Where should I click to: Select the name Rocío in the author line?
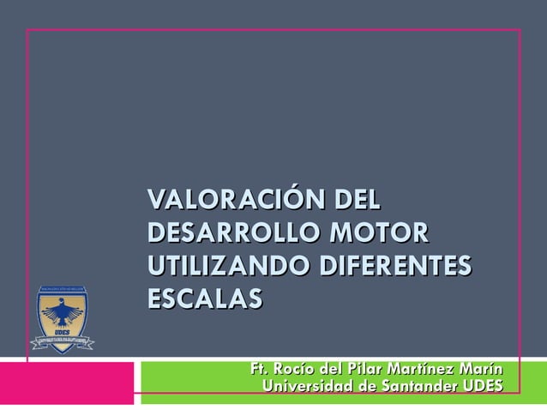coord(290,370)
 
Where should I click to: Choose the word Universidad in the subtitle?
coord(308,388)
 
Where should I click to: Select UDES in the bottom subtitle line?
coord(483,388)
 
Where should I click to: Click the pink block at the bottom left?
coord(69,383)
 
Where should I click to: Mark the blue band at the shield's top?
coord(63,287)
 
